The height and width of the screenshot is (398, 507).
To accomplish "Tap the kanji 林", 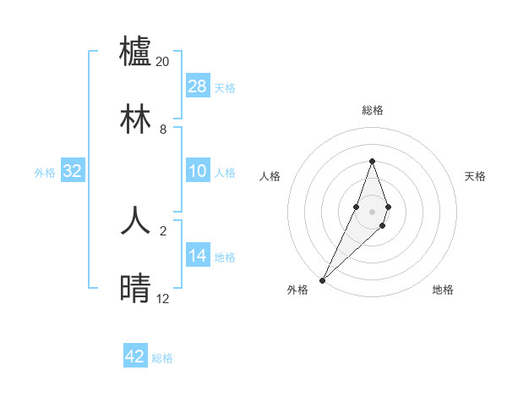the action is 136,118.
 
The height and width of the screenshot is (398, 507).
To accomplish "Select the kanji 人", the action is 136,221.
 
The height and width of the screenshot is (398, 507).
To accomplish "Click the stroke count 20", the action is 163,62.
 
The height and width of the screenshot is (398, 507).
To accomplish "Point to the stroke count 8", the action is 163,130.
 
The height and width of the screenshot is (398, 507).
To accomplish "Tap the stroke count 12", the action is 163,299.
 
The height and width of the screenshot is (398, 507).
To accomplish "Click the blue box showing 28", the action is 198,86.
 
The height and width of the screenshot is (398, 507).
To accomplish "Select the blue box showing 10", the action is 198,171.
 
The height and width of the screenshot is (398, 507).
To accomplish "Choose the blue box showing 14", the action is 198,256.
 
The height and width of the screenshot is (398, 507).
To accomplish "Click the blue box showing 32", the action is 73,171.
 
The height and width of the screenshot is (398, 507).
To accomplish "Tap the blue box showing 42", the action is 135,357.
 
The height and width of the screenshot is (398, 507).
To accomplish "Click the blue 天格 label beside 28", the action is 225,87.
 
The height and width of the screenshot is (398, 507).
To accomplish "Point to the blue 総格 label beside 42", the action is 162,358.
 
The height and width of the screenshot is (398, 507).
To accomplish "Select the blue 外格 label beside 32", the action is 45,172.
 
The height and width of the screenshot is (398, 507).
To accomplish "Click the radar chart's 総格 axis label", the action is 372,110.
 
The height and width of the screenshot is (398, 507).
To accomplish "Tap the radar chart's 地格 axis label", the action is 443,290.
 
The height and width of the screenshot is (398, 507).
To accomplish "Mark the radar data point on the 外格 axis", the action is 323,279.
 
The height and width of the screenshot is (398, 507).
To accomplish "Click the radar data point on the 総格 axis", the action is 372,161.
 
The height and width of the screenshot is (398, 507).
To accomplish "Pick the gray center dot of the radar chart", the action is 372,212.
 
